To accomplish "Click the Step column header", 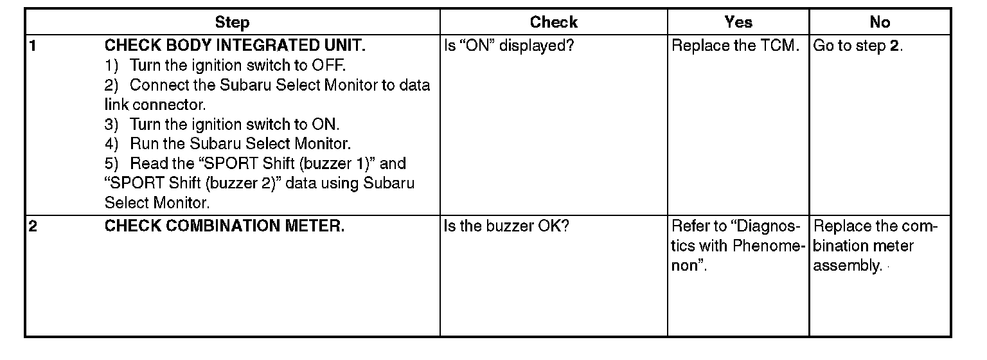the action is coord(232,22).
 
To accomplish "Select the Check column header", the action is coord(553,22).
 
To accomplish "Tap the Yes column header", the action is coord(738,22).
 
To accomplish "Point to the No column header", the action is coord(879,22).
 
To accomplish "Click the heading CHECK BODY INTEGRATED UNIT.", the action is coord(235,46).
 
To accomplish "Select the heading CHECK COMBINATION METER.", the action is coord(224,227).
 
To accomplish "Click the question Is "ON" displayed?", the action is coord(508,46).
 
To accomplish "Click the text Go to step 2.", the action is coord(858,46).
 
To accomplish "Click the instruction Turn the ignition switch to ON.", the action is coord(234,125).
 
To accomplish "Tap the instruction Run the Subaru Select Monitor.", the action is coord(240,144).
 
